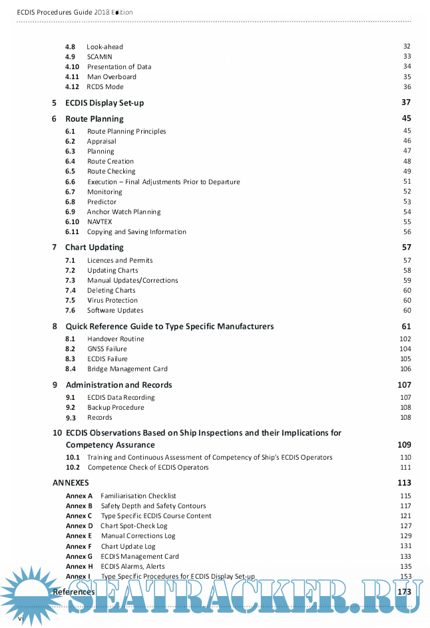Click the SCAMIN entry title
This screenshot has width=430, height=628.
point(99,57)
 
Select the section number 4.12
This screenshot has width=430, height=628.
point(72,86)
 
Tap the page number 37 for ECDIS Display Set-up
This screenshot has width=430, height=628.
point(406,102)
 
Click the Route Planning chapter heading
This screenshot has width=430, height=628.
point(94,119)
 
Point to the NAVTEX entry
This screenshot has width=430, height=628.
point(99,222)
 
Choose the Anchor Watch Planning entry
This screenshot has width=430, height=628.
point(124,212)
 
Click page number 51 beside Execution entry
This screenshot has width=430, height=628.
point(407,182)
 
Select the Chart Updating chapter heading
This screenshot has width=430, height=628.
point(94,247)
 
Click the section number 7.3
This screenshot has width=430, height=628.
point(70,280)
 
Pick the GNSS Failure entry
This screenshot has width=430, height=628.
point(107,349)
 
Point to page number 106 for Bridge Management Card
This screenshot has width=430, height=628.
point(405,369)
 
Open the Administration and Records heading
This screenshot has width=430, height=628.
point(118,385)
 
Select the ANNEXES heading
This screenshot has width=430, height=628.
point(71,483)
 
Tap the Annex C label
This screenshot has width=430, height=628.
point(79,516)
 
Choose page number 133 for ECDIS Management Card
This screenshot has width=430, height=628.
point(405,556)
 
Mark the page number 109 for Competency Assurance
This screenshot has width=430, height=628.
point(404,445)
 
